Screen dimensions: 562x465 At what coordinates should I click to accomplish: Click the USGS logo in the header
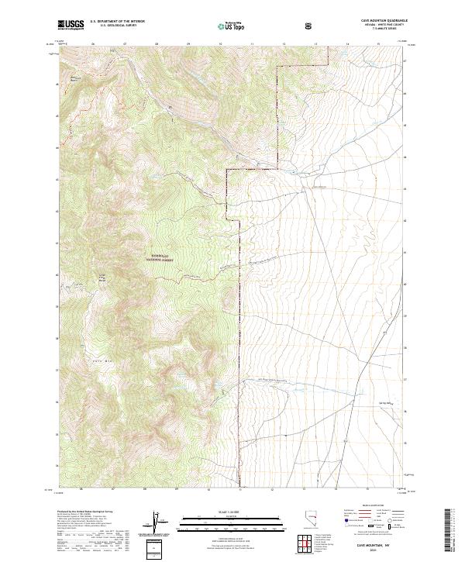[71, 25]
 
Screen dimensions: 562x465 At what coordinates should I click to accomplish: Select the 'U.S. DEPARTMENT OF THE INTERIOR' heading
[115, 22]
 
